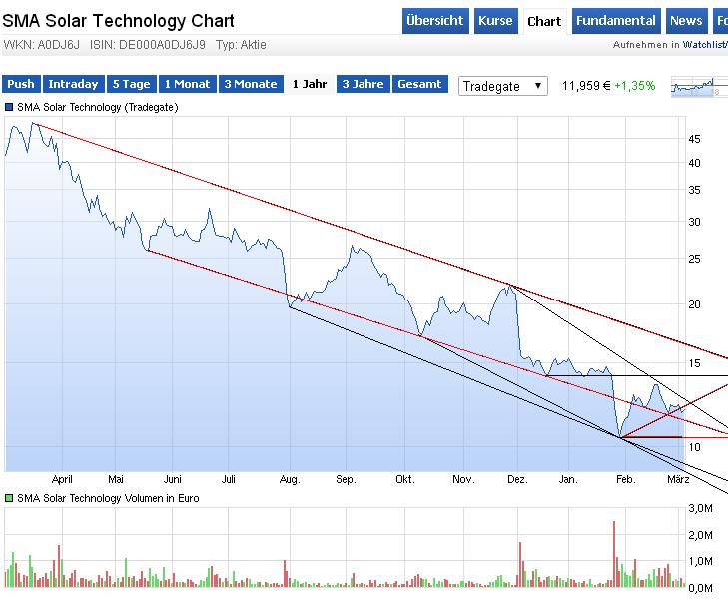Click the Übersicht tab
[x=435, y=21]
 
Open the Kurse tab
[x=495, y=21]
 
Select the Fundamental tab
[x=615, y=21]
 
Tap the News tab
[x=685, y=21]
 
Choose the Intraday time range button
[x=73, y=85]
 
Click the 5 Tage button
[x=131, y=85]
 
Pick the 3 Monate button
[x=250, y=85]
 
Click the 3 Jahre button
[x=363, y=85]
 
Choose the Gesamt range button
[x=419, y=85]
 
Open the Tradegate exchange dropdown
[x=503, y=86]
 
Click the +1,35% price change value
[x=635, y=86]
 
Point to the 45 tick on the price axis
[x=694, y=140]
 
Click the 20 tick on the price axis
[x=694, y=304]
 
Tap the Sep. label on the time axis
[x=346, y=480]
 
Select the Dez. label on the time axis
[x=517, y=480]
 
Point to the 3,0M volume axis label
[x=701, y=510]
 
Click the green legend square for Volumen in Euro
[x=9, y=497]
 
